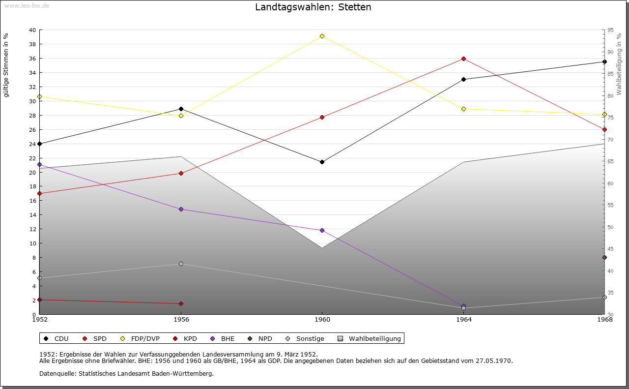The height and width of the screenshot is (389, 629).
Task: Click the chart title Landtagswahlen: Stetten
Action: [313, 7]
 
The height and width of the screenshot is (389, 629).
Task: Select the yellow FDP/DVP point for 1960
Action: [322, 36]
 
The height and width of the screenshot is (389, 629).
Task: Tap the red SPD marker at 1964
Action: [463, 59]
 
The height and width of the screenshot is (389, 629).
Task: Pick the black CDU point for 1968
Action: [604, 61]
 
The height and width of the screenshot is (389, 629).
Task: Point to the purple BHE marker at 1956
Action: [181, 209]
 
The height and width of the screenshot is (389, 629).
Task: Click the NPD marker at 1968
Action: [604, 257]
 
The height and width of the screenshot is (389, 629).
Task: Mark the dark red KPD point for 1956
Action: [181, 303]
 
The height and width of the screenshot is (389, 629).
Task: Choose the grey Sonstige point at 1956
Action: [181, 264]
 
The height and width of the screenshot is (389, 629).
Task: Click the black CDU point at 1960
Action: [322, 162]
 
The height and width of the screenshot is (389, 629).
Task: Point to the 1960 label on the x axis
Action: [322, 320]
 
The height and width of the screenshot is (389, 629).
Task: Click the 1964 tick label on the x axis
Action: [463, 320]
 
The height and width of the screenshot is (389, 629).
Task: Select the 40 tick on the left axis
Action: [32, 30]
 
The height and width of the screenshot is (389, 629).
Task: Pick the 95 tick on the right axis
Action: [610, 30]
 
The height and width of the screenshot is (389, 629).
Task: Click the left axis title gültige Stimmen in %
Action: [6, 65]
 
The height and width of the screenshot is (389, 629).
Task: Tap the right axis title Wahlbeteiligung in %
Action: [619, 64]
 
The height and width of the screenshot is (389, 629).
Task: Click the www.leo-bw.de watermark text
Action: [27, 5]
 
